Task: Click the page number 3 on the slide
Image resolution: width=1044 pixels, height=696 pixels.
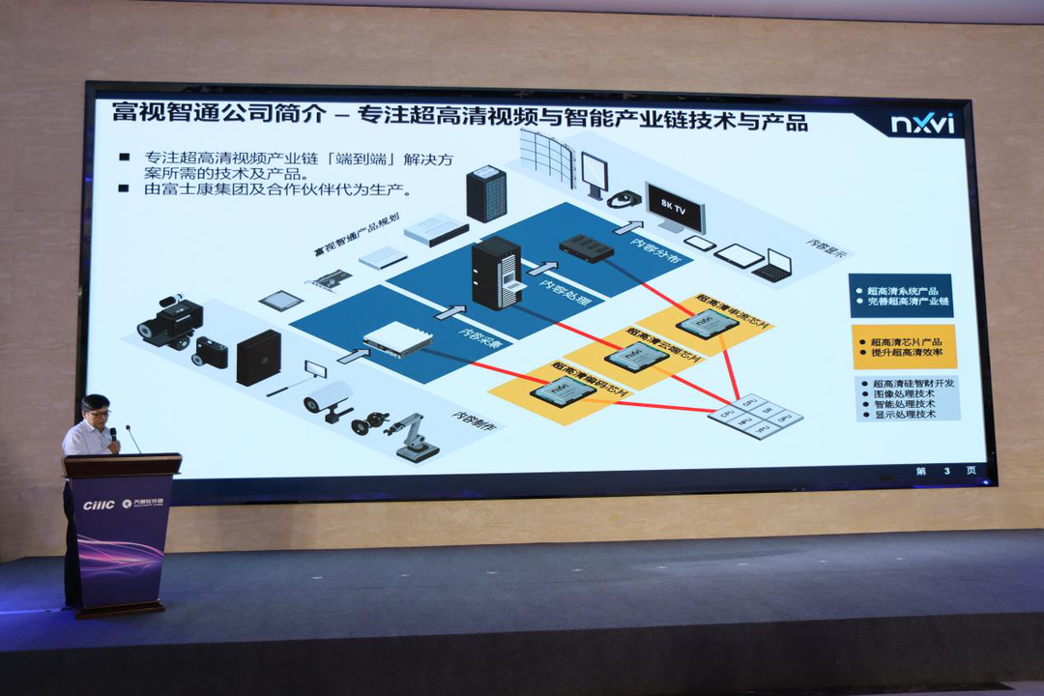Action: point(947,471)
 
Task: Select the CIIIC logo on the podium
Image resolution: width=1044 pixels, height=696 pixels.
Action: point(99,505)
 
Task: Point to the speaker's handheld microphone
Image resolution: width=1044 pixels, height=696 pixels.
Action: point(113,436)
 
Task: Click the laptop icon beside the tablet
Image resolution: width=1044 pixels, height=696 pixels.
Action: point(774,265)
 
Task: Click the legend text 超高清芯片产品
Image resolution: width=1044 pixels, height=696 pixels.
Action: point(906,341)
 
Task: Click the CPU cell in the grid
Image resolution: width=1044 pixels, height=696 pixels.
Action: point(725,413)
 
